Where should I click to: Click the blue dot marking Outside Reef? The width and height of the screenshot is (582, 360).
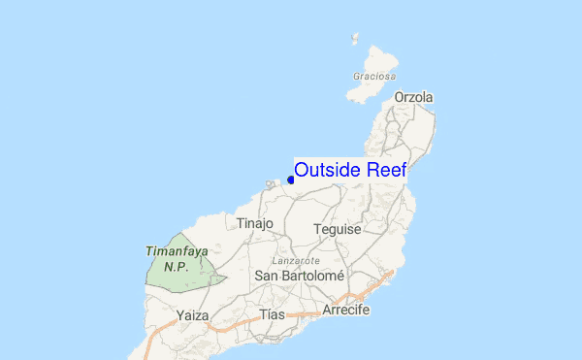[291, 180]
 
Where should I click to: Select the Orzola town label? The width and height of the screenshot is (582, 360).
[414, 97]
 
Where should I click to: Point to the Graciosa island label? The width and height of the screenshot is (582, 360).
[373, 76]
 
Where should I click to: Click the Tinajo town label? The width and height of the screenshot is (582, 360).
[256, 223]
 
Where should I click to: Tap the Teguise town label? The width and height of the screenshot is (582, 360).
[338, 229]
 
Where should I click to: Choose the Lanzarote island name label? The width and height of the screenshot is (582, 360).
[297, 261]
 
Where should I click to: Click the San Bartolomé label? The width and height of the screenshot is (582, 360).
[300, 276]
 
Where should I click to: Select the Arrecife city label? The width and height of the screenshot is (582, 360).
[346, 310]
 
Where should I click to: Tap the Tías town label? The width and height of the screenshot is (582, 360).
[273, 314]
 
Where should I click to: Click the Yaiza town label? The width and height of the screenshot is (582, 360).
[194, 314]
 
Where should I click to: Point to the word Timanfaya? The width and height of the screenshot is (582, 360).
[177, 250]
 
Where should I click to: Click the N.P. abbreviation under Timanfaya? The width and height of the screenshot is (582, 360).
[176, 265]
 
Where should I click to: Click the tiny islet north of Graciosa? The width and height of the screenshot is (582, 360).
[354, 40]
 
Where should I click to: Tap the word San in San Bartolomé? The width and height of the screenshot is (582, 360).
[267, 276]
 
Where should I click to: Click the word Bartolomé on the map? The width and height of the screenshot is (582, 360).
[313, 276]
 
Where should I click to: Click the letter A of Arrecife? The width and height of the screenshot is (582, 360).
[328, 310]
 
